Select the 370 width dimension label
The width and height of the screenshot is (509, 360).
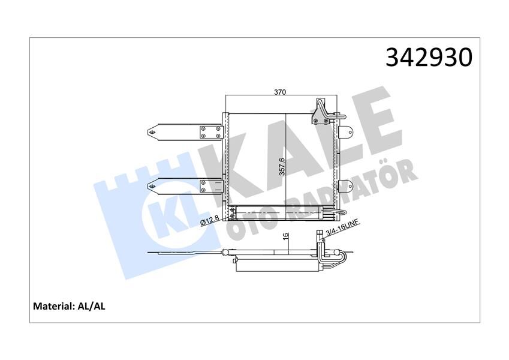[279, 92]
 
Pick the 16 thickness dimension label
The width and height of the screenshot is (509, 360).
[286, 238]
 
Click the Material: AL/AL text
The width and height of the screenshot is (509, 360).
[69, 306]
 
